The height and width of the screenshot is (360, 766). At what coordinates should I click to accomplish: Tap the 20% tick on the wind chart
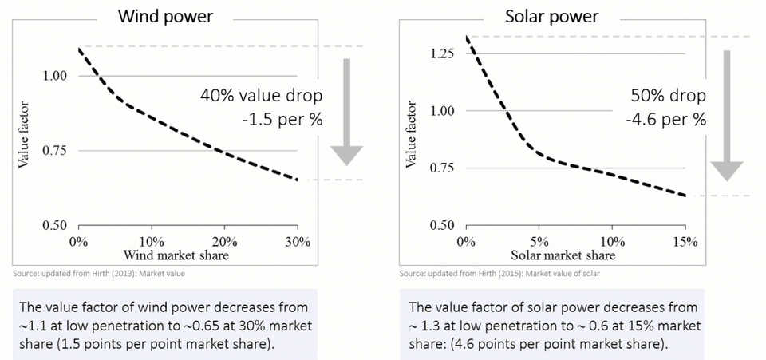click(x=224, y=241)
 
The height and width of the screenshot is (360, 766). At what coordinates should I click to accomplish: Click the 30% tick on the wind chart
click(x=297, y=241)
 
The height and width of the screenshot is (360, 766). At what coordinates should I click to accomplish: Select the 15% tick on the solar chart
click(x=685, y=241)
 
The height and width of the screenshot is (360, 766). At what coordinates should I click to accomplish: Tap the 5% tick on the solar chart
click(x=539, y=241)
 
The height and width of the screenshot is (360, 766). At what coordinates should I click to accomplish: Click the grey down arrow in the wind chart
click(x=346, y=111)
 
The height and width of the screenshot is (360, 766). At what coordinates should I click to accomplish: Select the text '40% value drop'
click(x=262, y=96)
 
